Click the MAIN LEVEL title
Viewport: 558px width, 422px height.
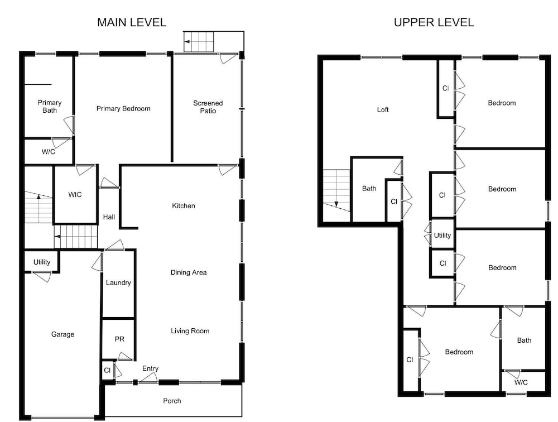pyautogui.click(x=132, y=22)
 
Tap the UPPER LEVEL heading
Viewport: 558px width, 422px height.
pyautogui.click(x=434, y=22)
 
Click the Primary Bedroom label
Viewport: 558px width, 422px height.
pyautogui.click(x=123, y=108)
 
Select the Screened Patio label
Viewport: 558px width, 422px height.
pyautogui.click(x=208, y=107)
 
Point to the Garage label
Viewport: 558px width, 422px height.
pyautogui.click(x=62, y=334)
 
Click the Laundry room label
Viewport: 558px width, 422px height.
pyautogui.click(x=118, y=283)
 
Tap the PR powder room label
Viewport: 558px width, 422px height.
pyautogui.click(x=119, y=339)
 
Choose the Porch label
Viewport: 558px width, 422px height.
pyautogui.click(x=172, y=401)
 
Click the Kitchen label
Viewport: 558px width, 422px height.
pyautogui.click(x=183, y=205)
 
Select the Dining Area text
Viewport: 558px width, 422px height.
pyautogui.click(x=189, y=272)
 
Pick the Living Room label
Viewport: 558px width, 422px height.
pyautogui.click(x=190, y=331)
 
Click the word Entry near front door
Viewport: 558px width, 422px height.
pyautogui.click(x=150, y=368)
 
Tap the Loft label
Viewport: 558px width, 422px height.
pyautogui.click(x=383, y=109)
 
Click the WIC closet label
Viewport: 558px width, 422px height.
pyautogui.click(x=75, y=194)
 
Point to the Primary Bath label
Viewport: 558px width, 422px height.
pyautogui.click(x=50, y=106)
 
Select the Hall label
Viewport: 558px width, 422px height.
pyautogui.click(x=109, y=217)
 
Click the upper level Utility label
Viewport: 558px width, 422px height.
pyautogui.click(x=442, y=236)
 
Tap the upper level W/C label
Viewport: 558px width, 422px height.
pyautogui.click(x=521, y=382)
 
